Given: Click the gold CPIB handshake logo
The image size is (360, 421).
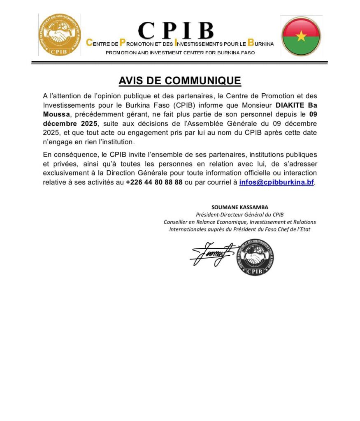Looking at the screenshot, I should point(59,35).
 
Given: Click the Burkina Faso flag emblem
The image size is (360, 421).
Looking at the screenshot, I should point(301,36).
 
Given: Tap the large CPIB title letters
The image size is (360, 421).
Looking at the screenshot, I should point(176,31).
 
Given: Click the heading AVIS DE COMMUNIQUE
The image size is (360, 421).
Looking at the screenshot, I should point(179,81).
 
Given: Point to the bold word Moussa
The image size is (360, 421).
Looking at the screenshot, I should point(56,114).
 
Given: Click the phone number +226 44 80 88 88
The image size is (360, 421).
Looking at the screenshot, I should point(154,182).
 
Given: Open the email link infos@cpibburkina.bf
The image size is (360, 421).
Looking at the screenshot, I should point(276,182).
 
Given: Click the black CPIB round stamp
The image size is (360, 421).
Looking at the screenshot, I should point(255,257).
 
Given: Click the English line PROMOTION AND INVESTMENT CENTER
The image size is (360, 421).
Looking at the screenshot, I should point(180,53).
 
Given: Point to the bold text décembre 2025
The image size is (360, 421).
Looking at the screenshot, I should point(70,123).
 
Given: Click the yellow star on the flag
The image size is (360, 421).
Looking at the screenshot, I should point(301,36).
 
